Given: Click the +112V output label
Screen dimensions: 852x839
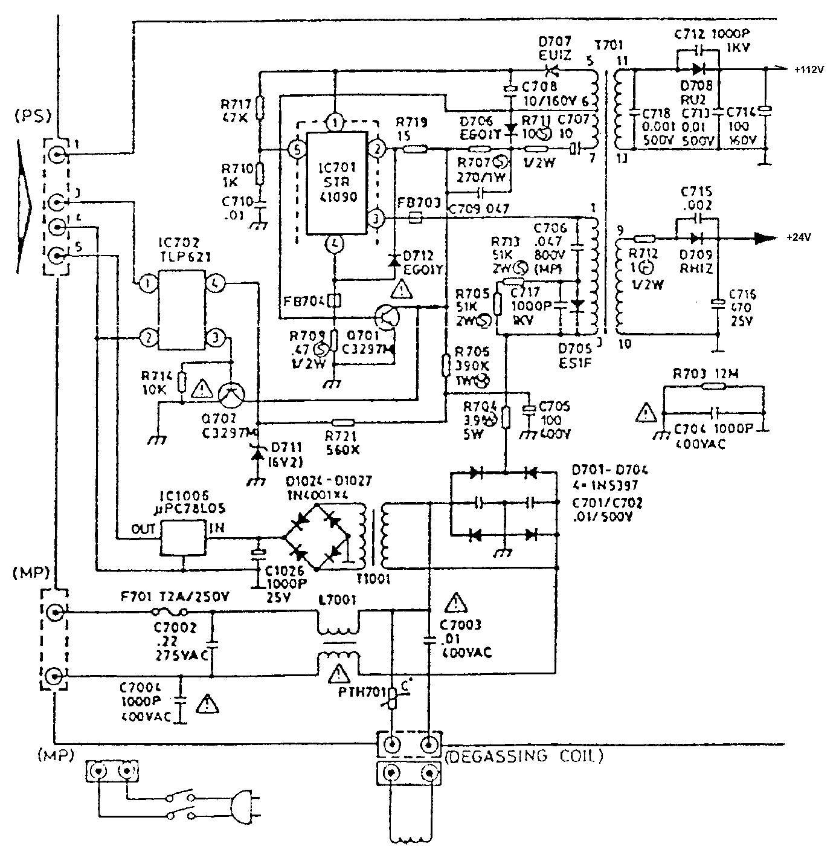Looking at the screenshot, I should coord(809,69).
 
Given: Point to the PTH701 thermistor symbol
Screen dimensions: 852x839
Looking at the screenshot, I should coord(393,700).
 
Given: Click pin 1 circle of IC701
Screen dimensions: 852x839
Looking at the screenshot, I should coord(336,122).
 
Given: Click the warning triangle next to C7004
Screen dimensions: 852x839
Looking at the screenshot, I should coord(208,703).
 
